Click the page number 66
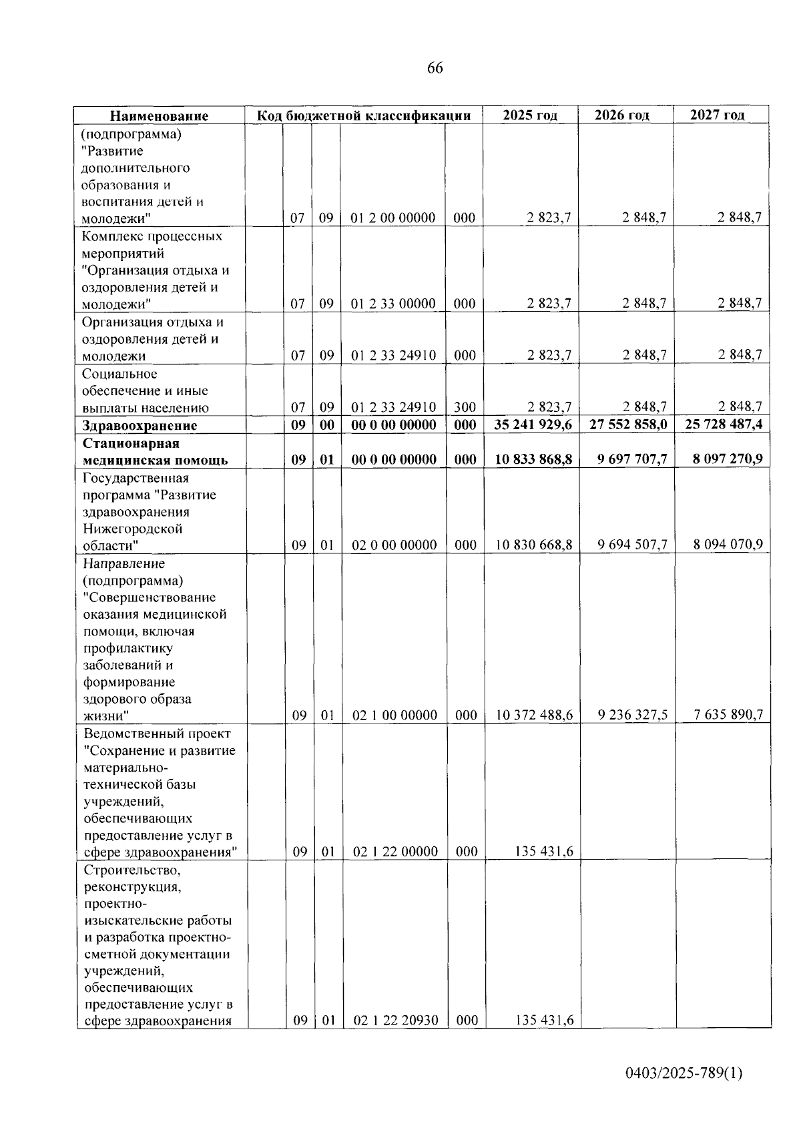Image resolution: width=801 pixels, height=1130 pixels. tap(435, 68)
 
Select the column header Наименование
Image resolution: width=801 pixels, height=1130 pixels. tap(159, 115)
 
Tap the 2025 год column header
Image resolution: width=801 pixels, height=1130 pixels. tap(530, 115)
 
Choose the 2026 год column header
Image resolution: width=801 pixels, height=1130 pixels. tap(622, 115)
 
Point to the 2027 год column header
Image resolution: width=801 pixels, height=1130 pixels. tap(718, 115)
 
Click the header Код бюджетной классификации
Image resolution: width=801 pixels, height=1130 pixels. tap(364, 115)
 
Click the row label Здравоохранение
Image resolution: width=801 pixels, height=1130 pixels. tap(140, 425)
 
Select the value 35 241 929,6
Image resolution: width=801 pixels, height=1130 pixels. tap(533, 425)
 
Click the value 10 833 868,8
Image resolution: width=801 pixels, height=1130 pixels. tap(533, 459)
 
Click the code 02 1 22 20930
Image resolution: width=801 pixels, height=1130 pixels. tap(396, 1020)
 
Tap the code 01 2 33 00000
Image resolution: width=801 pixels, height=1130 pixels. tap(393, 304)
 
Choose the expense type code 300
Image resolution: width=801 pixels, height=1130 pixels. tap(465, 407)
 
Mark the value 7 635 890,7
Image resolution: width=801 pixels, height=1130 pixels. tap(728, 715)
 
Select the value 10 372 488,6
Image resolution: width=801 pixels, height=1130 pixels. tap(534, 715)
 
